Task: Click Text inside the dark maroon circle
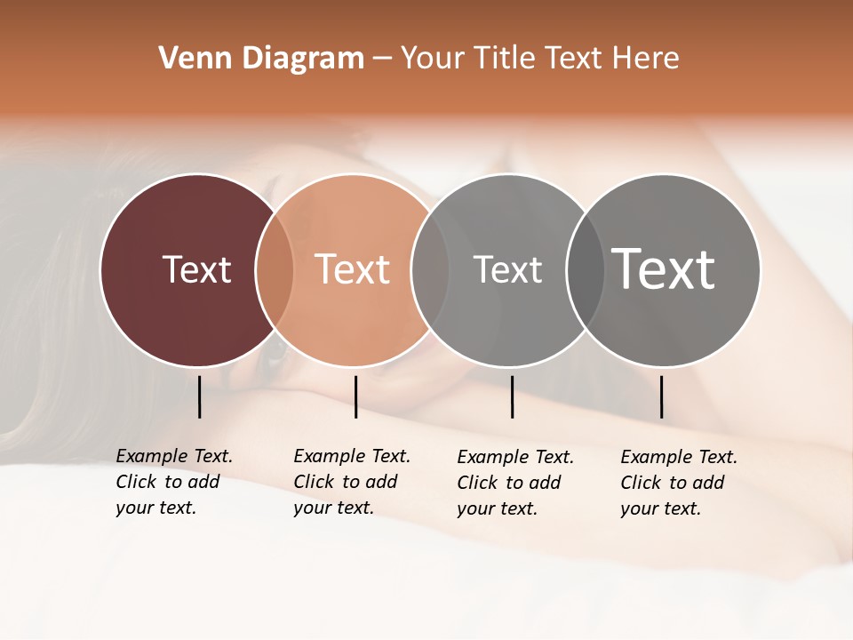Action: [196, 269]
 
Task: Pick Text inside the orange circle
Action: [352, 269]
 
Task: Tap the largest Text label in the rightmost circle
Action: [664, 269]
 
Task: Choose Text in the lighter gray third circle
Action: [507, 269]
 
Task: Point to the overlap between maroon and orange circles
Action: [275, 270]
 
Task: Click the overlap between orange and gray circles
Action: [430, 270]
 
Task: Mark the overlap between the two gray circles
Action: [586, 270]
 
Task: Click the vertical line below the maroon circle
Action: [199, 396]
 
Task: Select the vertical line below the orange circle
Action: [355, 396]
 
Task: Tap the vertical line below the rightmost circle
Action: [661, 396]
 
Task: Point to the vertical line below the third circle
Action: [512, 396]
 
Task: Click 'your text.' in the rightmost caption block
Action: [661, 508]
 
